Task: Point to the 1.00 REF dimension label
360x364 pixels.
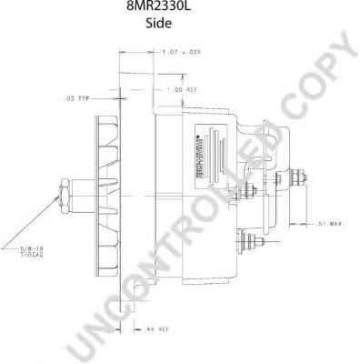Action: [183, 90]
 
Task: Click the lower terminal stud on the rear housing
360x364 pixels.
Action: [247, 241]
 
